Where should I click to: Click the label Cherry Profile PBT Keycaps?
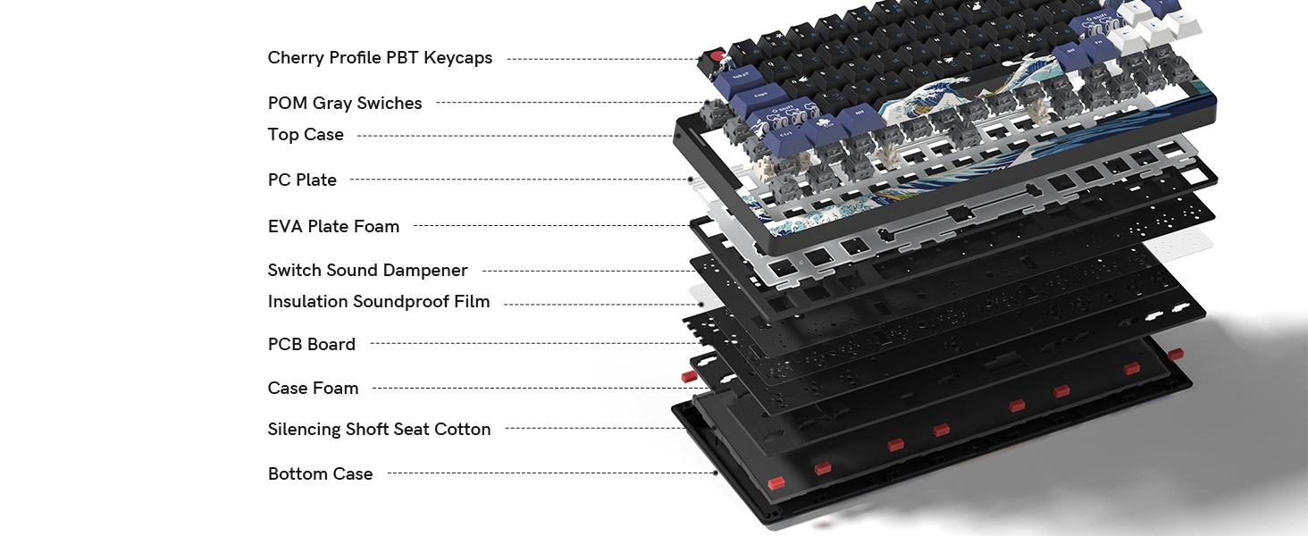pos(380,58)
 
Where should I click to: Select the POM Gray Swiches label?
pos(345,103)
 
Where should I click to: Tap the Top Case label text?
pos(306,135)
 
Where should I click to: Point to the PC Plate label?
pos(302,180)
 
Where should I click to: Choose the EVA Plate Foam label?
pos(333,226)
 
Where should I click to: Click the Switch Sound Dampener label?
pos(367,270)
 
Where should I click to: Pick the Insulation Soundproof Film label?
pos(379,302)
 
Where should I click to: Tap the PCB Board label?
pos(311,344)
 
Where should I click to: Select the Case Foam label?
pos(313,388)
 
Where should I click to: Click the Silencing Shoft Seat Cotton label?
pos(379,430)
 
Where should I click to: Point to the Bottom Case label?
pos(320,473)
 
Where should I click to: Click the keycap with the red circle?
pos(716,59)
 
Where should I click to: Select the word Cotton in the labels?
pos(462,430)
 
